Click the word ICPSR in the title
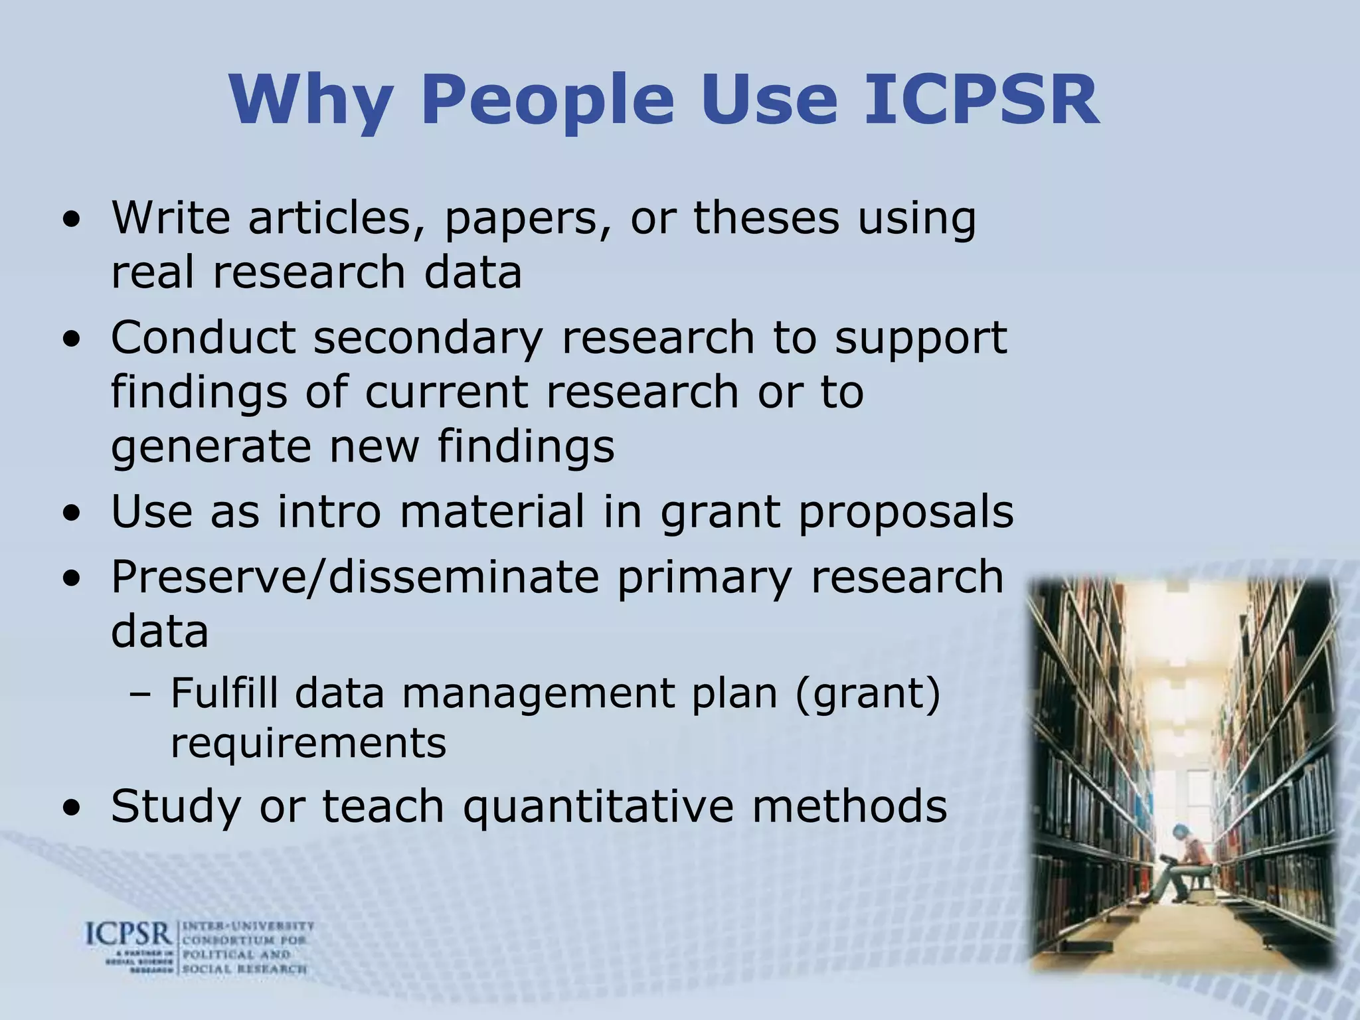[981, 100]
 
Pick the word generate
[211, 447]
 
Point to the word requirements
[309, 743]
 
